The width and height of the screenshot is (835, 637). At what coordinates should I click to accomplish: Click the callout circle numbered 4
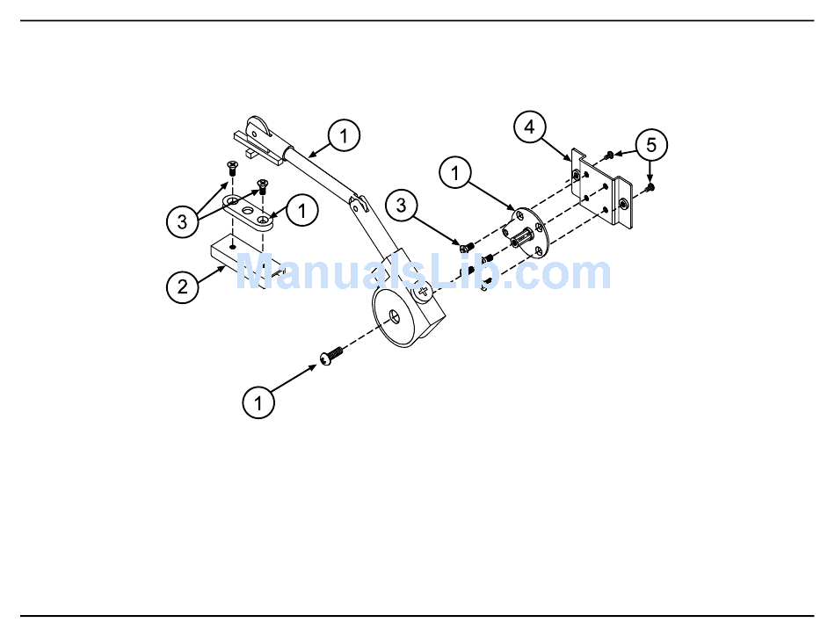coord(529,127)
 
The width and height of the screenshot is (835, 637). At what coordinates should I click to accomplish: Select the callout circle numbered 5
coord(651,144)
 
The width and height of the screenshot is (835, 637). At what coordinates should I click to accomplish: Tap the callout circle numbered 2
coord(183,286)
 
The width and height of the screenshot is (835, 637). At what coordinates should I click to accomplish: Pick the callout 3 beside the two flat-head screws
coord(183,220)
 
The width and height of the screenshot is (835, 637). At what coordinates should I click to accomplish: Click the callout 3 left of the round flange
coord(402,206)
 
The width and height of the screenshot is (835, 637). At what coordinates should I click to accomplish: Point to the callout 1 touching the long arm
coord(345,136)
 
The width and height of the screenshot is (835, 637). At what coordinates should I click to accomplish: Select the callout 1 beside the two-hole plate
coord(302,211)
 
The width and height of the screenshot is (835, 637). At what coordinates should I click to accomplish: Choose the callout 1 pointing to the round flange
coord(455,174)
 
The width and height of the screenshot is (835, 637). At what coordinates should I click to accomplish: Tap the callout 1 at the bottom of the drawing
coord(258,402)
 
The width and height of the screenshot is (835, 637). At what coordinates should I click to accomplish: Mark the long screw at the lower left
coord(330,357)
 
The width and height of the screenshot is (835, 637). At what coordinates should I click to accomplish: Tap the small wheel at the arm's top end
coord(258,130)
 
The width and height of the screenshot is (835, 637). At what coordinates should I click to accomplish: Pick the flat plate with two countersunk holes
coord(248,212)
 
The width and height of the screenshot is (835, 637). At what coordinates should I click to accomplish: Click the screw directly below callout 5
coord(650,186)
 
